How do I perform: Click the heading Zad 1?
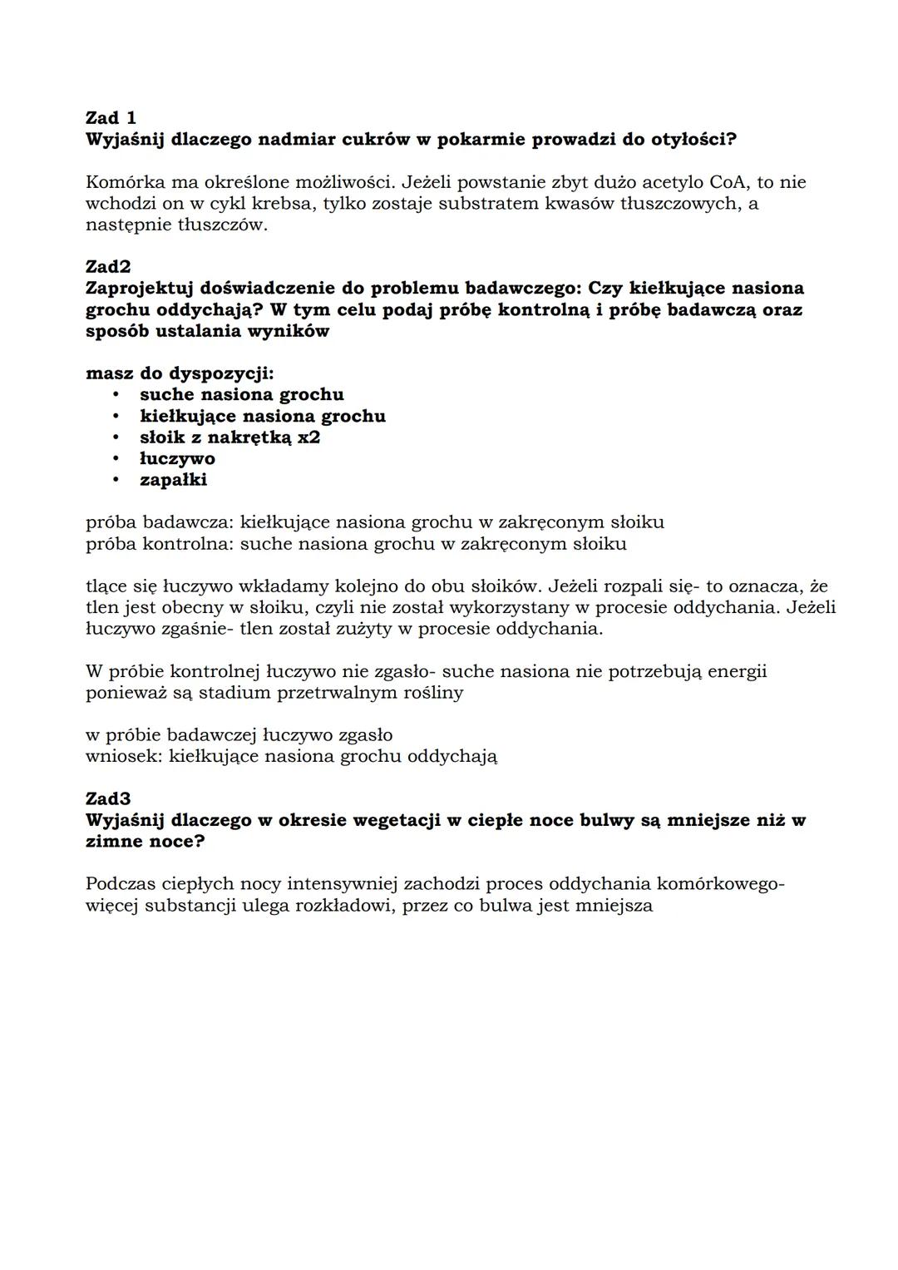click(111, 118)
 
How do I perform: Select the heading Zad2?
click(108, 267)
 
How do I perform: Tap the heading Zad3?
click(108, 799)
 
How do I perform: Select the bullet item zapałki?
click(173, 480)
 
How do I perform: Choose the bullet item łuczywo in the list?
click(177, 459)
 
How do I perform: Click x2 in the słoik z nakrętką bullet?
click(308, 437)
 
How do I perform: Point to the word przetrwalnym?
click(312, 693)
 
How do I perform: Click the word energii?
click(737, 671)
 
